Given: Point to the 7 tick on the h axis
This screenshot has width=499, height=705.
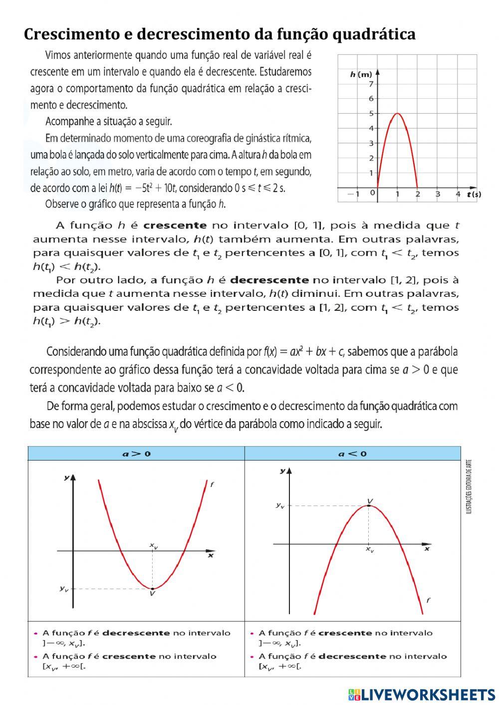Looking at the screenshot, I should click(x=371, y=84).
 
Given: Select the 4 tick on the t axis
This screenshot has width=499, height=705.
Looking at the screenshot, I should click(x=458, y=194).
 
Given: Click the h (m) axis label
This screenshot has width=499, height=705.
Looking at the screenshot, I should click(x=361, y=74).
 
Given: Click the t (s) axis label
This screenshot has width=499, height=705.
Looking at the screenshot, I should click(x=474, y=194).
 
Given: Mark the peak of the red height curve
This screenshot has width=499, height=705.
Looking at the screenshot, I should click(x=397, y=114).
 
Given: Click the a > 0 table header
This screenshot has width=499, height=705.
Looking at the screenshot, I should click(x=137, y=454).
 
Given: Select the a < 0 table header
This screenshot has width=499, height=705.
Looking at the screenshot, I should click(x=352, y=454).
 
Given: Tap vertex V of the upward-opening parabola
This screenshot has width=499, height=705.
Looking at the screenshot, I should click(x=152, y=588).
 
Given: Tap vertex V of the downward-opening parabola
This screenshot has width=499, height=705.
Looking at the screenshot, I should click(x=369, y=505).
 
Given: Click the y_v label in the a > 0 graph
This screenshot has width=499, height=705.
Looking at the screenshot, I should click(x=64, y=589).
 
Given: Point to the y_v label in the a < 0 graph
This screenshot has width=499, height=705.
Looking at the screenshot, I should click(x=280, y=505).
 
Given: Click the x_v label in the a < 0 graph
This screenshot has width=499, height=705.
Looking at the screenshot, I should click(x=369, y=549).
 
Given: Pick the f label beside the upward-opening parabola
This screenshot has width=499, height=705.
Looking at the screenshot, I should click(x=212, y=484).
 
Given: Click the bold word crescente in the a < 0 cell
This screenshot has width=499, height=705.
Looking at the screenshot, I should click(x=345, y=633).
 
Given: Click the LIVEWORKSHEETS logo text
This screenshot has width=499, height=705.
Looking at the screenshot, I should click(x=428, y=694).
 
